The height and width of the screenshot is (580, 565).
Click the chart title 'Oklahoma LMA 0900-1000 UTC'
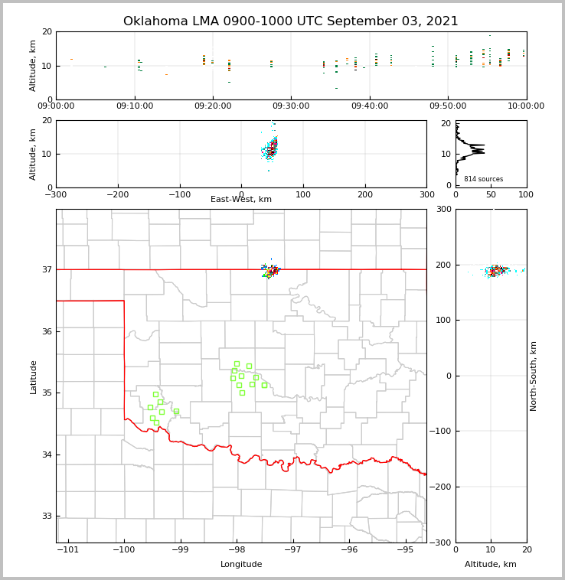(x=291, y=21)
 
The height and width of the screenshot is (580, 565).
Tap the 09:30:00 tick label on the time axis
(x=291, y=106)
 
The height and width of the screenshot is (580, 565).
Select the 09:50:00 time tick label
(x=448, y=106)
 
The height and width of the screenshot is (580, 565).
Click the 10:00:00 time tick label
(x=526, y=106)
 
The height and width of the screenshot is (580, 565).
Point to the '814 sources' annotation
(x=483, y=179)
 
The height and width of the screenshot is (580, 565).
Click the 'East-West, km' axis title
(x=241, y=200)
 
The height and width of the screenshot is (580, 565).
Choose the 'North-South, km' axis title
(x=534, y=376)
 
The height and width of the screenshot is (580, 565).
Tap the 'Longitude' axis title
(x=241, y=565)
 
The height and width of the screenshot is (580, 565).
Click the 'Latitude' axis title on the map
(x=33, y=376)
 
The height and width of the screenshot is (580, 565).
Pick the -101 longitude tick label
(x=68, y=549)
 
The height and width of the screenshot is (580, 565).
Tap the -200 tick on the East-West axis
(x=117, y=194)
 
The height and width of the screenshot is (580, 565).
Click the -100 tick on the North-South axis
(x=440, y=432)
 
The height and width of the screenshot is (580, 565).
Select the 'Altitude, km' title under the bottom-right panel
(x=491, y=565)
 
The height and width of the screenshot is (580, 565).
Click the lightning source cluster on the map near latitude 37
(x=271, y=269)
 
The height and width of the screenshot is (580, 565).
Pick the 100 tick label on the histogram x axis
(x=526, y=194)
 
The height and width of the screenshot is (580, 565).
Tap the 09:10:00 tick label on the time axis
(x=135, y=106)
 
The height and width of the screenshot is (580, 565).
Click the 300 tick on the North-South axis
(x=443, y=209)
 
